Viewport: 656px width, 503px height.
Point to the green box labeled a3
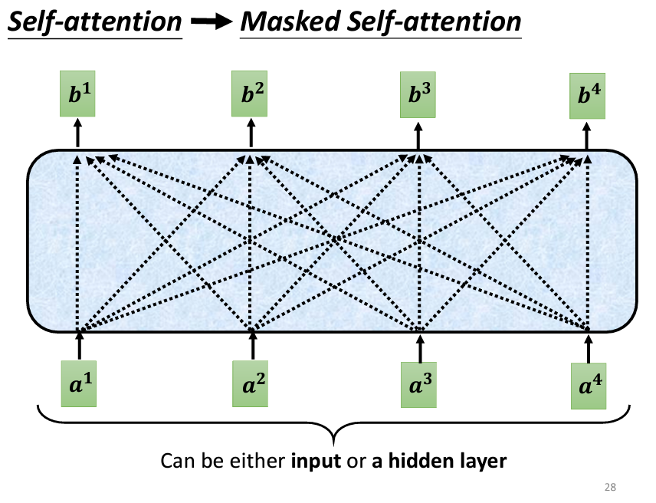pyautogui.click(x=419, y=381)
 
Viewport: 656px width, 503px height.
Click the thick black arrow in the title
pyautogui.click(x=211, y=22)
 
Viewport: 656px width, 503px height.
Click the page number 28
pyautogui.click(x=610, y=486)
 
